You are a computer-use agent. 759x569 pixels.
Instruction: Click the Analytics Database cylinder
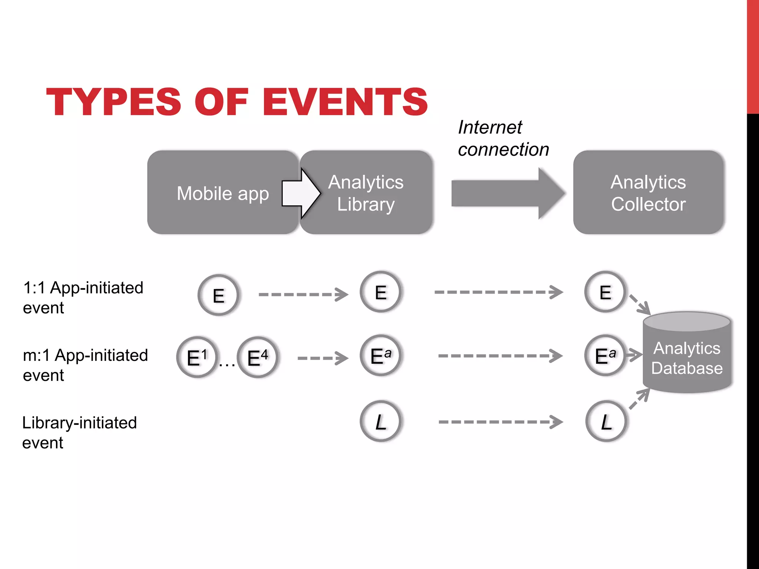pyautogui.click(x=687, y=358)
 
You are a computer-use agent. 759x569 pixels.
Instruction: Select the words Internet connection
pyautogui.click(x=503, y=138)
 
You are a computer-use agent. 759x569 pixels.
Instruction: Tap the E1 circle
pyautogui.click(x=197, y=357)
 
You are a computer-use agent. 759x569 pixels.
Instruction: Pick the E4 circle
pyautogui.click(x=258, y=357)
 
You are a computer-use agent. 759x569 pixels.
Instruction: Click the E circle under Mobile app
pyautogui.click(x=219, y=295)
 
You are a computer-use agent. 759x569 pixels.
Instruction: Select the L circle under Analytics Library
pyautogui.click(x=381, y=421)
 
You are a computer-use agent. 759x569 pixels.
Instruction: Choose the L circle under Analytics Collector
pyautogui.click(x=606, y=421)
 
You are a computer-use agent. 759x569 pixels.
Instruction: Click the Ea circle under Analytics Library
pyautogui.click(x=381, y=356)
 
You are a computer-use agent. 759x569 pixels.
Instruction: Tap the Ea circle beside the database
pyautogui.click(x=605, y=356)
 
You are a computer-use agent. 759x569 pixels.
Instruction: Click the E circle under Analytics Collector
pyautogui.click(x=605, y=292)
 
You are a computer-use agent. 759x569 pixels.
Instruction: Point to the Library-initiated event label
pyautogui.click(x=79, y=432)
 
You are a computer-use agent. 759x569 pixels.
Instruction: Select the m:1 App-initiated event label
pyautogui.click(x=85, y=365)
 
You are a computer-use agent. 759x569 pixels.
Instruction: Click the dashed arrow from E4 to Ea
pyautogui.click(x=322, y=358)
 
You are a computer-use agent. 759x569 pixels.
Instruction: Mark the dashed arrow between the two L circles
pyautogui.click(x=500, y=422)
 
